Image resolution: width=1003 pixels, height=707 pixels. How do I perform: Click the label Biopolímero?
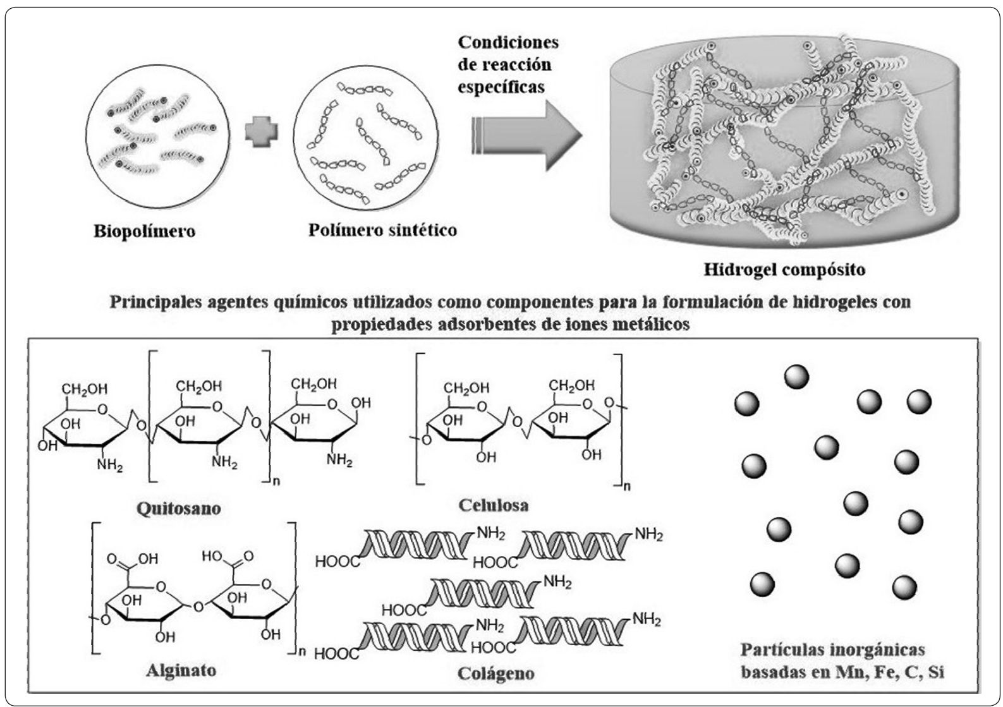(x=144, y=231)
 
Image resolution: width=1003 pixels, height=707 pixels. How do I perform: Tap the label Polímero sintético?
(x=382, y=230)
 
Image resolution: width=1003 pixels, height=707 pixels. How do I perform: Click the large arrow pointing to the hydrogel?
(x=527, y=135)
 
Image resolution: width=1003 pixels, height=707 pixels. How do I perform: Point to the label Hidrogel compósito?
(x=784, y=270)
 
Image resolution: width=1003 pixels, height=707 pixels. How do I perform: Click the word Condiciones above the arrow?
(x=508, y=42)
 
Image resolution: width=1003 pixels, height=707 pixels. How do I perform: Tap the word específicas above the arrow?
(x=501, y=87)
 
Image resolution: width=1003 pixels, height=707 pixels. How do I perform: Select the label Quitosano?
(x=179, y=509)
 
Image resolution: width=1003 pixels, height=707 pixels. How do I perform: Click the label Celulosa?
(x=494, y=505)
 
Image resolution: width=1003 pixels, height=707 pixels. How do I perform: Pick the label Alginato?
(x=181, y=671)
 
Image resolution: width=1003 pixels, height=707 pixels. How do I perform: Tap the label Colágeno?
(x=496, y=674)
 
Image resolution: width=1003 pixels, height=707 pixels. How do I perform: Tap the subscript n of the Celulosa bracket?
(x=627, y=486)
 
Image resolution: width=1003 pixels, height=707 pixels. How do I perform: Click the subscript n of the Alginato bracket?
(x=302, y=651)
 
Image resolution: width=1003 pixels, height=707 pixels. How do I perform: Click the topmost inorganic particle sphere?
(x=796, y=377)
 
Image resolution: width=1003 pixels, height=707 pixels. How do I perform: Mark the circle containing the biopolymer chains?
(x=157, y=136)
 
